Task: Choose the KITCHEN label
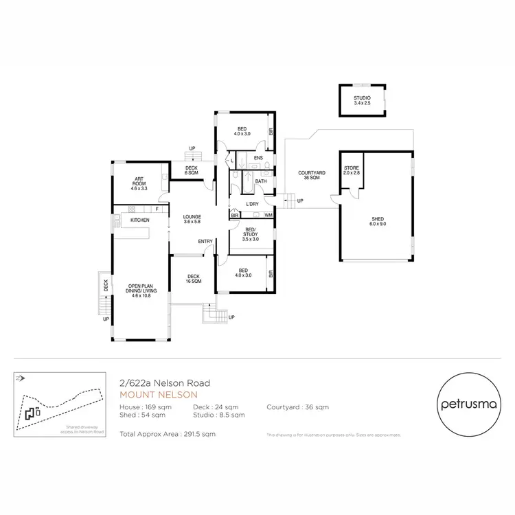click(140, 220)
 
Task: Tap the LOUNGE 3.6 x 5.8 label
click(192, 220)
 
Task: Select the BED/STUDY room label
click(251, 233)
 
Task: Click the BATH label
click(261, 181)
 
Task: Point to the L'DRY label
click(252, 205)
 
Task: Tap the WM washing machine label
click(268, 216)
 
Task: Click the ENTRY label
click(205, 241)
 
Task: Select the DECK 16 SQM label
click(194, 279)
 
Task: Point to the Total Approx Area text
click(168, 434)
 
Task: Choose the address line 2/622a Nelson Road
click(164, 383)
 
